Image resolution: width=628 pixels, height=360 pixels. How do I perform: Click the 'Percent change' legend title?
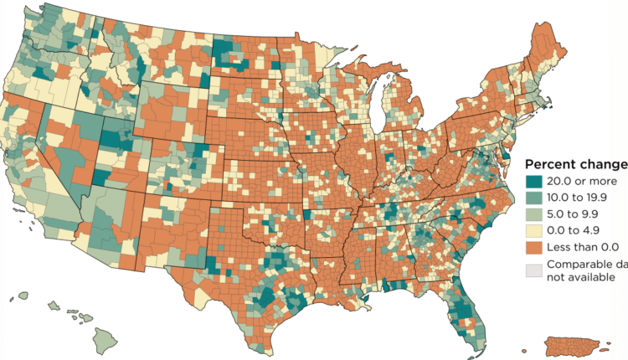(x=575, y=163)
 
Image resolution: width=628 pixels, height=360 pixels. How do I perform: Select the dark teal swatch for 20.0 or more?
(x=532, y=181)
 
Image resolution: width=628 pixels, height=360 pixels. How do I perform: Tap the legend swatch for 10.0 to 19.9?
(x=532, y=198)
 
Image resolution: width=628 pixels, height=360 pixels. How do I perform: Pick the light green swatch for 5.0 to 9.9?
(x=532, y=214)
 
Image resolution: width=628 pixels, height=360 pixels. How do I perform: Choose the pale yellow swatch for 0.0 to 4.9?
(x=532, y=231)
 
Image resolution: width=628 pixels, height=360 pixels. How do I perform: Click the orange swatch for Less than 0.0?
(x=532, y=248)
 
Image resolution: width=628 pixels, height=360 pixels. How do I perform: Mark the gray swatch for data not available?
(x=532, y=270)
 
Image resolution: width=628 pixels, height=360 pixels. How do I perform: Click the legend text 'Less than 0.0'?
(x=584, y=248)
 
